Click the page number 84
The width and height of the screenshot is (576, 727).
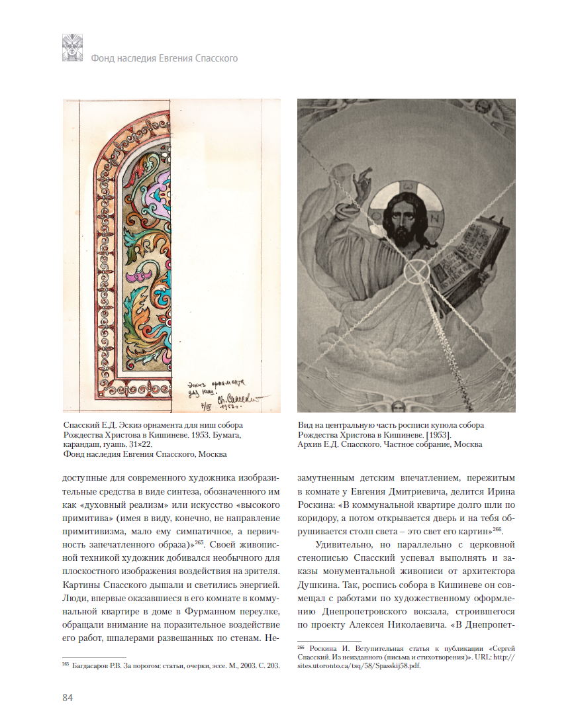(x=67, y=698)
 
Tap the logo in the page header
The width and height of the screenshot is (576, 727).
(x=72, y=48)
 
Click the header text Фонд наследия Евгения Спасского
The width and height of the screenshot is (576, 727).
(x=164, y=58)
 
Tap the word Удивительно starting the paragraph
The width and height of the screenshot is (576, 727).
(x=345, y=546)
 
